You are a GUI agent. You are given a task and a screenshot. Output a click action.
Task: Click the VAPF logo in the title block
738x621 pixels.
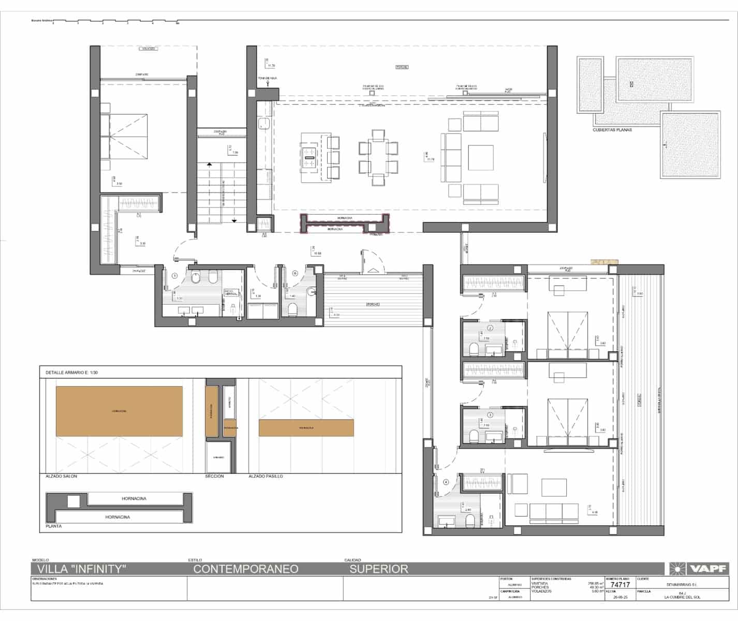pos(699,569)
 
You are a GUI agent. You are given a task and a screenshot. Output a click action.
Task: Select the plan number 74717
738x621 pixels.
pos(620,585)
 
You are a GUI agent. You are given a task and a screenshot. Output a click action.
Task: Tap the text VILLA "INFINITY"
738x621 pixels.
pos(79,569)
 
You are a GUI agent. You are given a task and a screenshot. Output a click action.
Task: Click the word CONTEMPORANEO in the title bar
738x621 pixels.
pos(246,569)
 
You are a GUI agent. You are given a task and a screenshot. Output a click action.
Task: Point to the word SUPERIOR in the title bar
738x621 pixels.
pos(379,569)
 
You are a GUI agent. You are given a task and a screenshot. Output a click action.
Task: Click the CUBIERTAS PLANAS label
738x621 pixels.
pos(612,130)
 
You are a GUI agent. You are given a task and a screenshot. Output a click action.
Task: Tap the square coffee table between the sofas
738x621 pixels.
pos(480,158)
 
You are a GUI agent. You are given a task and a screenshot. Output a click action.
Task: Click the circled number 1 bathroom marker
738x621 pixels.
pos(175,276)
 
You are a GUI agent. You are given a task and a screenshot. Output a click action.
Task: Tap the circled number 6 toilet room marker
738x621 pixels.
pos(296,273)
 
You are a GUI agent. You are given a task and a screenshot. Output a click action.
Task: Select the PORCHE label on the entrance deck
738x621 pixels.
pos(373,304)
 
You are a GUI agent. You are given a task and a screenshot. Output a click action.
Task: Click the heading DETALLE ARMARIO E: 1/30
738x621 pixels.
pos(72,372)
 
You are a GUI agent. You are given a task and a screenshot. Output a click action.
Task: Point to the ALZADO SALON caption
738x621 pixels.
pos(61,476)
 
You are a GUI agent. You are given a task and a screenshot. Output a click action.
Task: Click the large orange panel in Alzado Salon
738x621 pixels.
pos(119,411)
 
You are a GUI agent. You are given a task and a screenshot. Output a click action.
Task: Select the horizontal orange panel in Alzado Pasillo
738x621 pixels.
pos(306,428)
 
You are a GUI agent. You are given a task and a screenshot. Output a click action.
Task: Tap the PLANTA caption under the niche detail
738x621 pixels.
pos(54,526)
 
